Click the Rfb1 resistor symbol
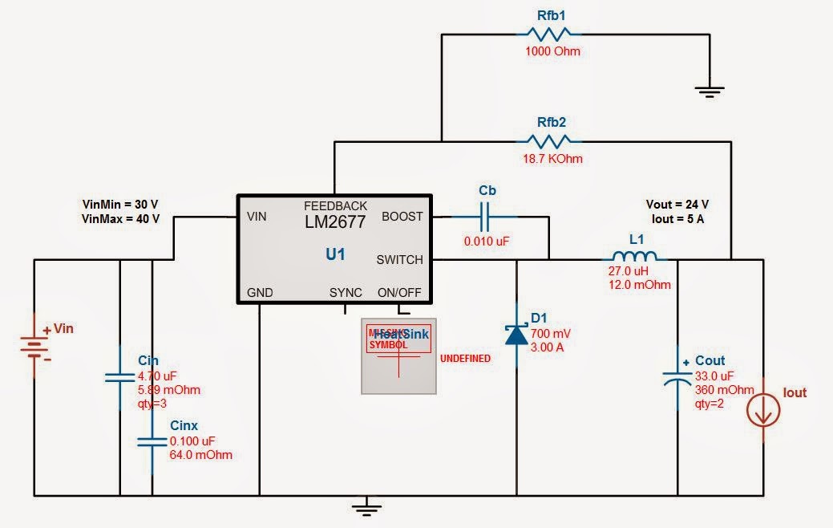(x=549, y=34)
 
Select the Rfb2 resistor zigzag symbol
(x=549, y=141)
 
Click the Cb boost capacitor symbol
(x=487, y=217)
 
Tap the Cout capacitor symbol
(x=678, y=377)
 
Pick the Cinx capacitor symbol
(x=152, y=441)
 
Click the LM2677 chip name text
(x=335, y=222)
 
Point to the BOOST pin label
(x=402, y=217)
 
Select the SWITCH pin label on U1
(x=399, y=260)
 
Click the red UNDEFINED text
(x=465, y=359)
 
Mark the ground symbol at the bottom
(x=366, y=506)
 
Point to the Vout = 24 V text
(x=677, y=204)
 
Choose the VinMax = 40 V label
(x=121, y=218)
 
